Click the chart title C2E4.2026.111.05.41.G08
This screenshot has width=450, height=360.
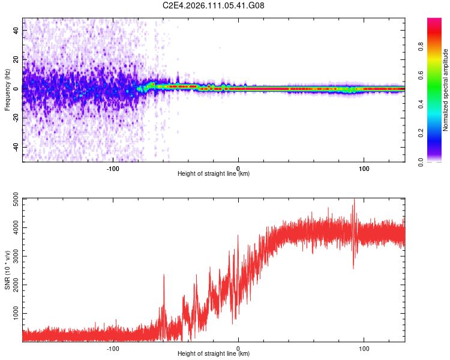214,6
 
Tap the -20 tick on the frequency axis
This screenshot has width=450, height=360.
16,118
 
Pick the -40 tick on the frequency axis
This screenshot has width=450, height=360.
16,147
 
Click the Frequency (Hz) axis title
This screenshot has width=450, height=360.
7,90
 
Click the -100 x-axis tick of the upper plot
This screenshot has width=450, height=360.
113,167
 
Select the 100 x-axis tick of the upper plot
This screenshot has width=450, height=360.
364,167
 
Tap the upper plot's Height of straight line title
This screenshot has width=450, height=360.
214,174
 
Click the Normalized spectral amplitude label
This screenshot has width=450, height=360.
446,90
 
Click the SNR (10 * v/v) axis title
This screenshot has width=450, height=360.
7,270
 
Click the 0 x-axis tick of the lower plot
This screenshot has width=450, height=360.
238,347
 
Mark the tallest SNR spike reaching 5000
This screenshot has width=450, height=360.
354,200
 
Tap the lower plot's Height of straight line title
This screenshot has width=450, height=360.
214,354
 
